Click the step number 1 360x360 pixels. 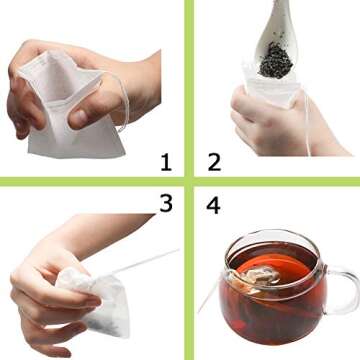[x=165, y=159]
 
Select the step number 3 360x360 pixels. [x=165, y=203]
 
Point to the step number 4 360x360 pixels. [x=213, y=205]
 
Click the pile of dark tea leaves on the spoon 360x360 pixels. [x=276, y=60]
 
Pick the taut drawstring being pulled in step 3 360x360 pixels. [x=140, y=263]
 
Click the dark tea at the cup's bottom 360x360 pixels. [x=265, y=320]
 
